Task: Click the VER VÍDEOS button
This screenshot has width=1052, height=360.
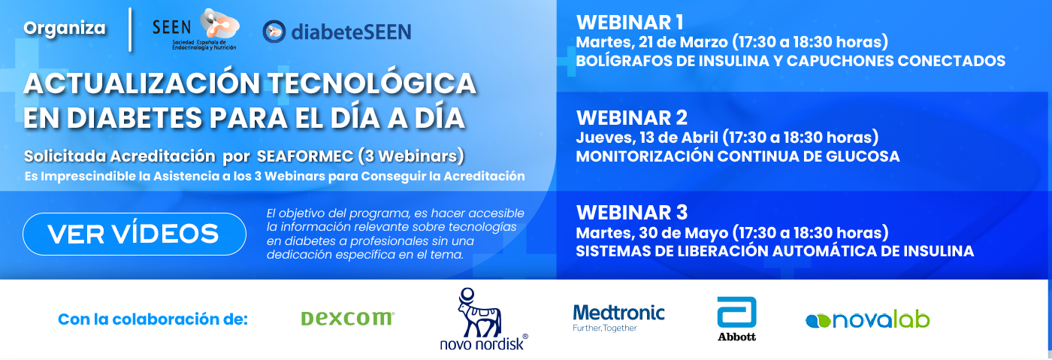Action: (x=135, y=234)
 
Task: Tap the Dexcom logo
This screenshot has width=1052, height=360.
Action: (x=347, y=319)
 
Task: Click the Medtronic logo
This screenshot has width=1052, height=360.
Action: (x=618, y=318)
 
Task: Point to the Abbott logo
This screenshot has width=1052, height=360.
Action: (x=737, y=319)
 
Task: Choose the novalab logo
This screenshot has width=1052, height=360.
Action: (x=867, y=320)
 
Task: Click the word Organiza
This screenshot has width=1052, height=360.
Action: (x=65, y=29)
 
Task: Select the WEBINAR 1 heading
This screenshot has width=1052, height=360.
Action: (x=630, y=23)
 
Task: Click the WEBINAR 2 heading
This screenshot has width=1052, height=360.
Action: (x=632, y=117)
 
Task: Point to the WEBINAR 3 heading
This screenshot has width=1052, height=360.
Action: (x=632, y=213)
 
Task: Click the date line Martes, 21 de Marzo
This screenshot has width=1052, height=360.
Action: (x=732, y=42)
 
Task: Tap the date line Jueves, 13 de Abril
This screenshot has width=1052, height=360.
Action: (x=727, y=138)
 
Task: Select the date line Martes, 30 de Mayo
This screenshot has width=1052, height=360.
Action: (x=732, y=232)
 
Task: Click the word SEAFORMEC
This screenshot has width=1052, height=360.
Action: (x=305, y=156)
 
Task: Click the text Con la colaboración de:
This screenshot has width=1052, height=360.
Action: (x=153, y=319)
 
